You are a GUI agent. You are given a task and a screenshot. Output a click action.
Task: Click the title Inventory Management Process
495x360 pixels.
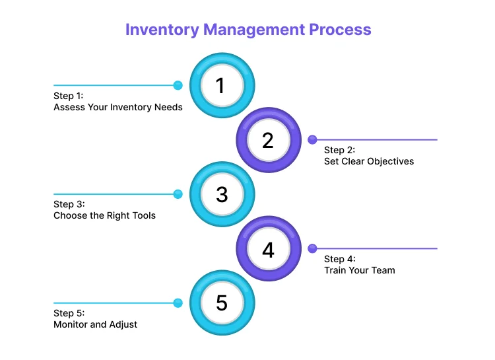coord(248,30)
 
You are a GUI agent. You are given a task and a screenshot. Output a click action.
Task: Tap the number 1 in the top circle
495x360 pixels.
coord(221,86)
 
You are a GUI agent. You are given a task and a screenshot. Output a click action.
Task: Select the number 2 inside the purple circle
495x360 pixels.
coord(267,140)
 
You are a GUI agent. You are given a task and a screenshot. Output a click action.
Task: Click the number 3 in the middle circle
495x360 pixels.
coord(221,194)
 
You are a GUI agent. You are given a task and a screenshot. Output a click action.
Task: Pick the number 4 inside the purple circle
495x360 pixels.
coord(267,249)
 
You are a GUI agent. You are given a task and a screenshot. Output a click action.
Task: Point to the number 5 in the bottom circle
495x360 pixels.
coord(221,303)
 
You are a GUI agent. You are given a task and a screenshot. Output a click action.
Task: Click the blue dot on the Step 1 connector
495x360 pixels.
coord(178,85)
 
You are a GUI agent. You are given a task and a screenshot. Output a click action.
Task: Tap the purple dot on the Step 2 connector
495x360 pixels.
coord(312,139)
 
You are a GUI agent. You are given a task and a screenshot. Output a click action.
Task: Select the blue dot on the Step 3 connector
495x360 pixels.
coord(178,194)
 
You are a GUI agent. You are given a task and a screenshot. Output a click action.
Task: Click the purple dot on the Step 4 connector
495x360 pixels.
coord(312,248)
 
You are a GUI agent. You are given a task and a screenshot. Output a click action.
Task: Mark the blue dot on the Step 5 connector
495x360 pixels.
coord(178,303)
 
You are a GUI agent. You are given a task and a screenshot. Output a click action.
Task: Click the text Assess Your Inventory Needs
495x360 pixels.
coord(117,107)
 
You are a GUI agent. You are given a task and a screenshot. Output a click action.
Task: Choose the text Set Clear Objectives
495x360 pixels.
coord(368,161)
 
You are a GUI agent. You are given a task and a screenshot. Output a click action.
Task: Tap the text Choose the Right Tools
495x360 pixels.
coord(104,215)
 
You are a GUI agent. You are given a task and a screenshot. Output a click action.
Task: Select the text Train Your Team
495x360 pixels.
coord(359,270)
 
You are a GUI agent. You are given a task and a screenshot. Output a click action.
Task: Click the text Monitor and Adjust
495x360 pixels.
coord(95,324)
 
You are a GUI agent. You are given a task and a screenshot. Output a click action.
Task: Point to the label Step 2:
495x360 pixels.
coord(339,150)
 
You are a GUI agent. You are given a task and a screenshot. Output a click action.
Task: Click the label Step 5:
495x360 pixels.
coord(69,313)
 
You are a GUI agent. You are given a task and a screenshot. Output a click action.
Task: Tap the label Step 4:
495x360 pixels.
coord(339,259)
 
